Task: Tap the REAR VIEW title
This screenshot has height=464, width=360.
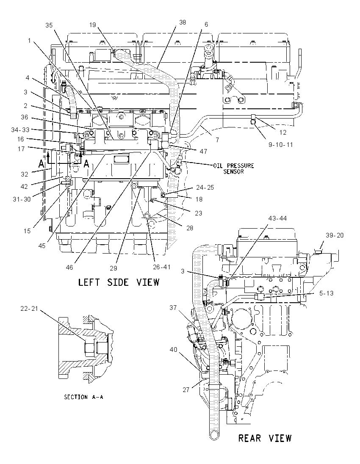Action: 265,438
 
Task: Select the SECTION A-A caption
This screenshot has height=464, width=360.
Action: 83,397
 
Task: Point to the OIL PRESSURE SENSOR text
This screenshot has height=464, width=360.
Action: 234,168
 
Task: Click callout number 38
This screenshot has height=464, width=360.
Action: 183,22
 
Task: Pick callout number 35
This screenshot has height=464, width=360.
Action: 49,25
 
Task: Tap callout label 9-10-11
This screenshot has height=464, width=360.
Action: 281,145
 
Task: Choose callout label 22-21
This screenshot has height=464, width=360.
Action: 29,308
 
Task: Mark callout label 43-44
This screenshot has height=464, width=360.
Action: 278,218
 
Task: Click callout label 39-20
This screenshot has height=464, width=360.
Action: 335,235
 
